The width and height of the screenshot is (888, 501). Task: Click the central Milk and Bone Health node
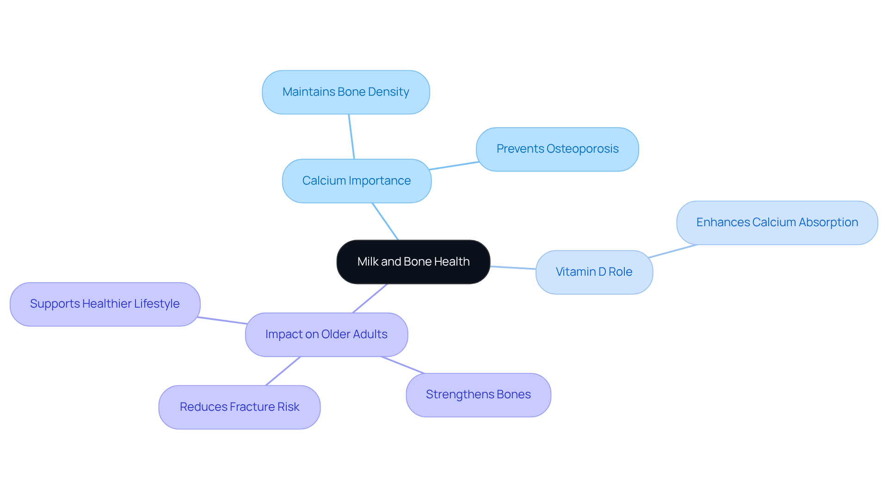click(x=413, y=262)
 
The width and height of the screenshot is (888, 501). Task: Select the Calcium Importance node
click(x=357, y=181)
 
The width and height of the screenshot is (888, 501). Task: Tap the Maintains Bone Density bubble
click(x=345, y=92)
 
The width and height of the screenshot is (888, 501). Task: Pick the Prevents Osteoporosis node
click(x=557, y=149)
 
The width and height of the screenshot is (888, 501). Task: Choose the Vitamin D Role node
click(x=594, y=272)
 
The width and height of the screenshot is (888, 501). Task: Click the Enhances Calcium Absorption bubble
click(x=777, y=223)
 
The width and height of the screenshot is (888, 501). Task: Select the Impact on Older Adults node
click(x=326, y=334)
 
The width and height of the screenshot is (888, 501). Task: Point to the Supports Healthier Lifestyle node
click(x=105, y=304)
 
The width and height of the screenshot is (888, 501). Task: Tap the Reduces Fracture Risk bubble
click(x=239, y=407)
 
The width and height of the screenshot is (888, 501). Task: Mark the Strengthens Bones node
click(x=478, y=395)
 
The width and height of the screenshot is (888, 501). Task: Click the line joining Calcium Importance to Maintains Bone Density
click(x=351, y=136)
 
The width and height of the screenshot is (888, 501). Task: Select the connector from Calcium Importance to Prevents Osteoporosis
click(x=454, y=166)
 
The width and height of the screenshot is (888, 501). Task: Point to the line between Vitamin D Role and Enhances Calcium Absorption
click(x=673, y=251)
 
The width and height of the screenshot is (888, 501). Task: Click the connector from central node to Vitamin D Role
click(x=513, y=267)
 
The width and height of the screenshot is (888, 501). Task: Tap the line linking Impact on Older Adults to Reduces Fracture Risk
click(x=283, y=371)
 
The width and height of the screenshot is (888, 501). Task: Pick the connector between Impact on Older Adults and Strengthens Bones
click(x=402, y=365)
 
